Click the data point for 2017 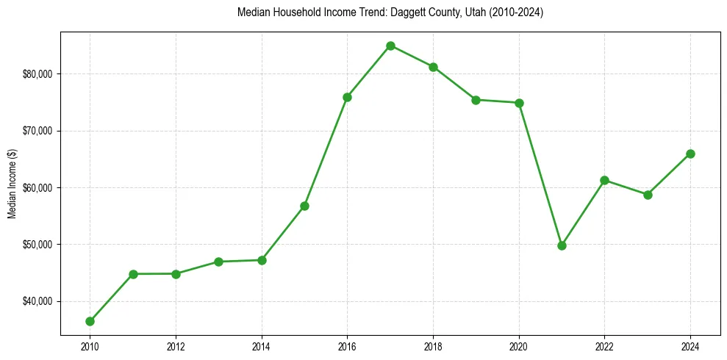tap(390, 46)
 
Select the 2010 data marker tap(90, 321)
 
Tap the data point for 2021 tap(562, 245)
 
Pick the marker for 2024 tap(690, 154)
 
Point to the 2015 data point tap(304, 206)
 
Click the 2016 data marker tap(347, 97)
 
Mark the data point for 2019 tap(476, 100)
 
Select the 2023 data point tap(648, 195)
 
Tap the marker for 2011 tap(133, 274)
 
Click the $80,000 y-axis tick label tap(37, 74)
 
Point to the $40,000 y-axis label tap(37, 301)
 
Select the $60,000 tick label tap(37, 188)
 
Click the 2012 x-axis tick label tap(176, 346)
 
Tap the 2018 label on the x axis tap(433, 346)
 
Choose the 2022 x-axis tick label tap(604, 346)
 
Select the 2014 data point tap(262, 260)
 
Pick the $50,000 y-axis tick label tap(37, 245)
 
